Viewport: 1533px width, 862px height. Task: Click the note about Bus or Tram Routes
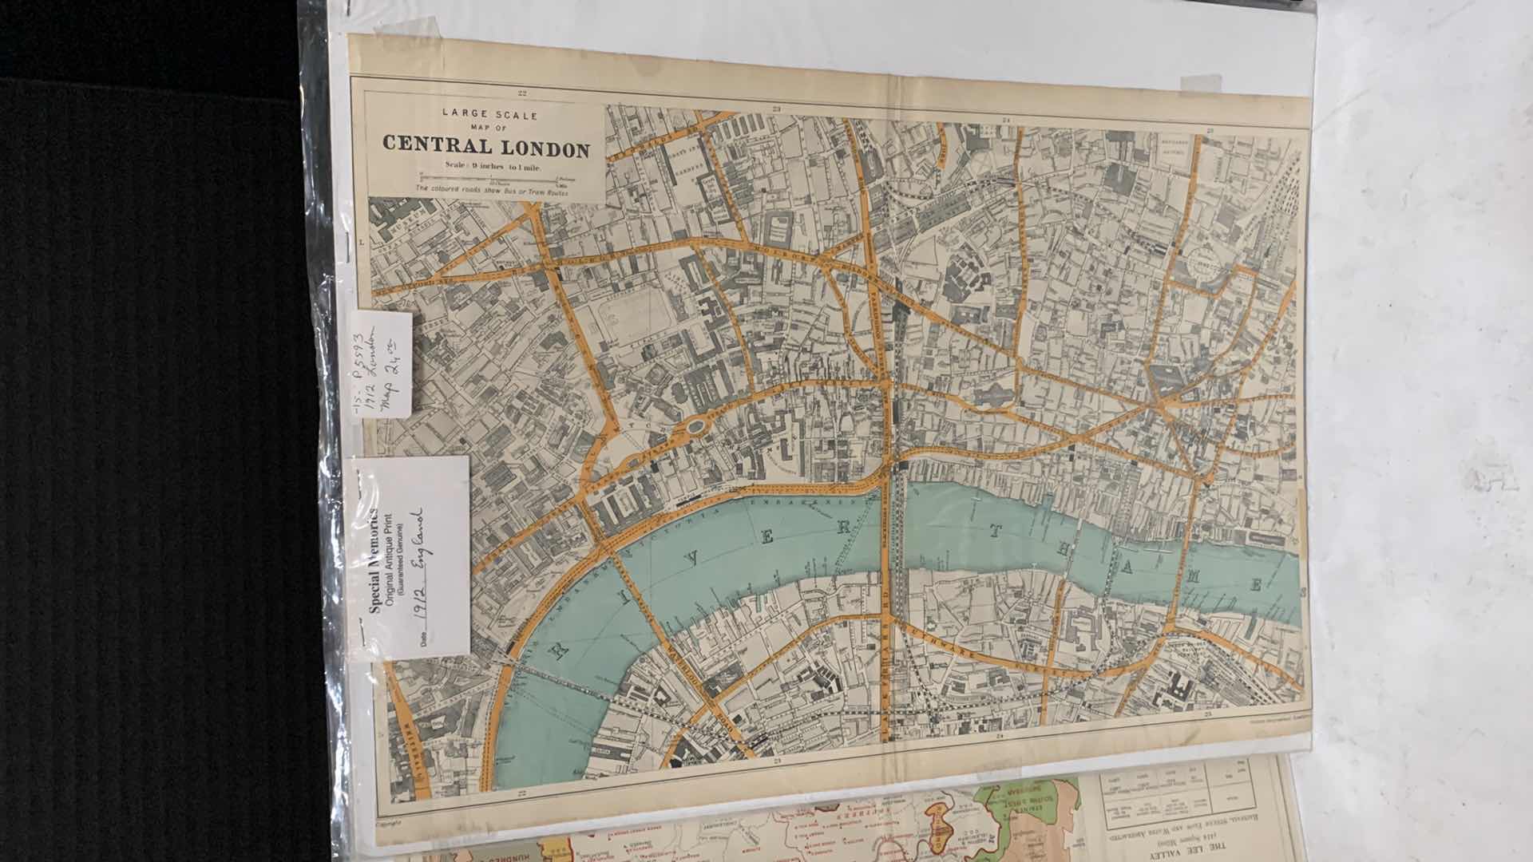coord(485,189)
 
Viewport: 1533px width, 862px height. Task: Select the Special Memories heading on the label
coord(373,559)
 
